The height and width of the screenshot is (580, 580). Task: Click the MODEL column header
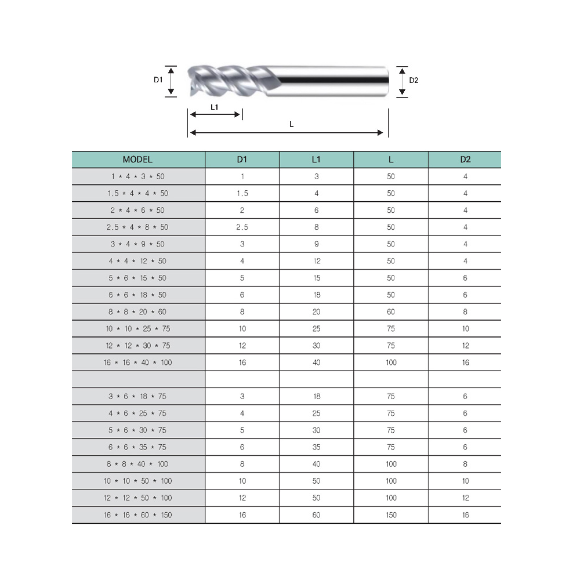[137, 159]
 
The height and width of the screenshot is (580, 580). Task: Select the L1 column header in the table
[316, 159]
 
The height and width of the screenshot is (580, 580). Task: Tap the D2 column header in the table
[465, 159]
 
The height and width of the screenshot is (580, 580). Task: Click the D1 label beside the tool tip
[158, 80]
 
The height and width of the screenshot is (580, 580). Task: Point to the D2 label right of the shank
[414, 81]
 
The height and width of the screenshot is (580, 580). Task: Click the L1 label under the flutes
[214, 107]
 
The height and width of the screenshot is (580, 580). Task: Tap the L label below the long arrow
[291, 124]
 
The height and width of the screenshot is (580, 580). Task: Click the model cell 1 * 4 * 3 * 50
[137, 176]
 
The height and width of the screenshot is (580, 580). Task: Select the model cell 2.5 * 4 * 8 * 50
[137, 227]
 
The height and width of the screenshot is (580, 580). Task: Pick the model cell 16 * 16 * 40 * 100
[137, 362]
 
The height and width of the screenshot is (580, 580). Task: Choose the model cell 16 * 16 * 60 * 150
[137, 515]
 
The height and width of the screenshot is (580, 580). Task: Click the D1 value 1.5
[242, 193]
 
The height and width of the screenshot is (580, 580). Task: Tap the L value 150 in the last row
[391, 515]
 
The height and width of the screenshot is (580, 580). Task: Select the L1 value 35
[316, 447]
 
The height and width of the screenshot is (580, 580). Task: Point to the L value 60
[391, 312]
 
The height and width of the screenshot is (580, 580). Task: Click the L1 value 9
[316, 244]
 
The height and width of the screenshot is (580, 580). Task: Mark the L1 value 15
[316, 278]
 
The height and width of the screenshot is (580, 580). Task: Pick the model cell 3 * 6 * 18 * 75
[137, 397]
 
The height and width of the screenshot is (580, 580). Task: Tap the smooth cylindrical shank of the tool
[331, 80]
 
